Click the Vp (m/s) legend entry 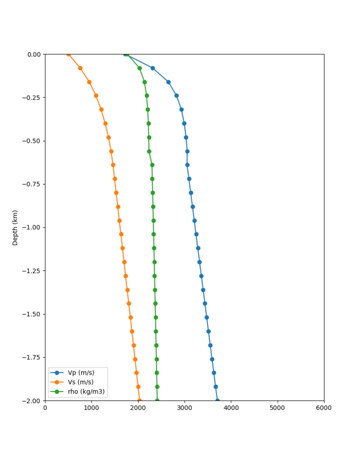point(80,372)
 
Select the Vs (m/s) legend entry point(80,382)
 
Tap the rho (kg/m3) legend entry point(83,391)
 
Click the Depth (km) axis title point(15,227)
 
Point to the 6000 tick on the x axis point(324,408)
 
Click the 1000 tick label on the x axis point(91,408)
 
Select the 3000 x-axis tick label point(184,408)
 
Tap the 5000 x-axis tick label point(277,408)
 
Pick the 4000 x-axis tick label point(231,408)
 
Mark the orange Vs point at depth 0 point(68,54)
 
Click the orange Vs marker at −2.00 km point(139,400)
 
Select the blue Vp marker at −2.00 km point(217,400)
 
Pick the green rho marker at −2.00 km point(157,400)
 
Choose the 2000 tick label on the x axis point(138,408)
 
